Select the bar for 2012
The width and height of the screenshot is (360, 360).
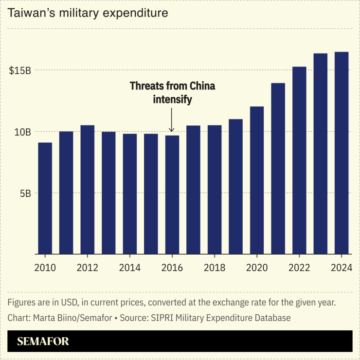pyautogui.click(x=87, y=189)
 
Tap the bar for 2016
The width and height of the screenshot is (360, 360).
pyautogui.click(x=172, y=194)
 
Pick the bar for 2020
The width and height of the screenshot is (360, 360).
pyautogui.click(x=257, y=180)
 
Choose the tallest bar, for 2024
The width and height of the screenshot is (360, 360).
pyautogui.click(x=342, y=153)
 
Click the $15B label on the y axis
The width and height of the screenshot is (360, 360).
pyautogui.click(x=20, y=70)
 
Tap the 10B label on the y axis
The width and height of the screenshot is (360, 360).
pyautogui.click(x=22, y=132)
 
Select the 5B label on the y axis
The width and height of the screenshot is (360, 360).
pyautogui.click(x=24, y=193)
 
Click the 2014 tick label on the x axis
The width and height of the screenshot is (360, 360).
pyautogui.click(x=130, y=268)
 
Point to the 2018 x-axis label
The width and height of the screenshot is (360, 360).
pyautogui.click(x=215, y=268)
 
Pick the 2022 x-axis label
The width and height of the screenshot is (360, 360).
pyautogui.click(x=299, y=268)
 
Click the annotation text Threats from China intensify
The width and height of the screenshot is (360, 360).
pyautogui.click(x=172, y=92)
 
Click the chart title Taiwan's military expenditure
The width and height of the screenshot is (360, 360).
pyautogui.click(x=88, y=13)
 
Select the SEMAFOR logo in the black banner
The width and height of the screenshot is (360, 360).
pyautogui.click(x=43, y=342)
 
